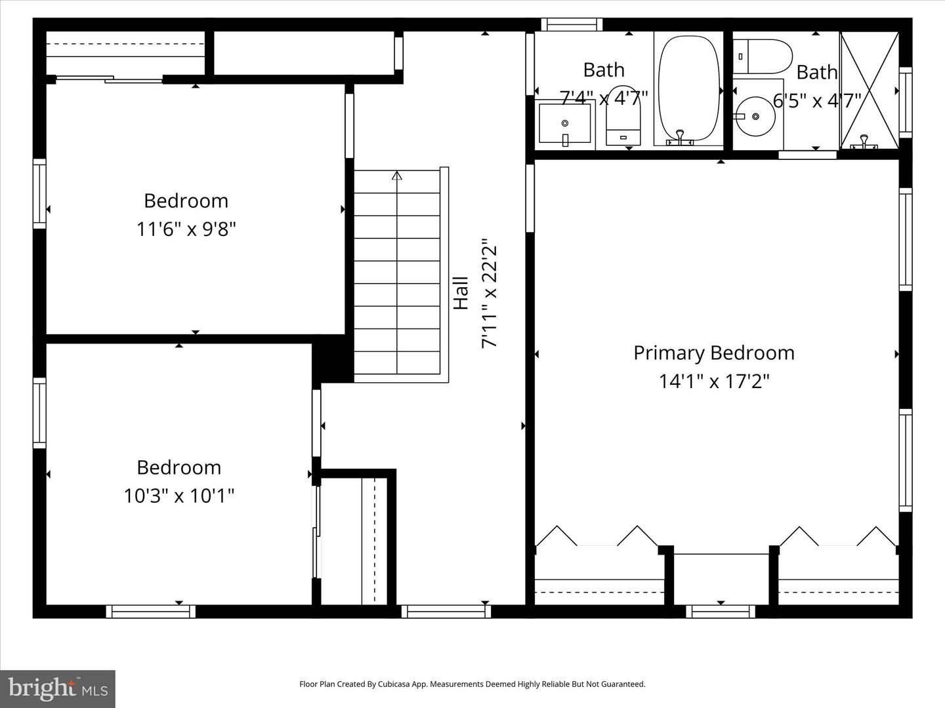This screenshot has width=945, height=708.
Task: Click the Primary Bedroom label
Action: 713,353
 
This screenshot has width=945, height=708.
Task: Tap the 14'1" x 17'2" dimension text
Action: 713,381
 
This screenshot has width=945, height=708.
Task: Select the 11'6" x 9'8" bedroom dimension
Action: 186,229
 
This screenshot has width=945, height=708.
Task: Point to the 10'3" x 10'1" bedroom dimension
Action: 178,496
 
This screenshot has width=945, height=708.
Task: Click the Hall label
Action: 461,292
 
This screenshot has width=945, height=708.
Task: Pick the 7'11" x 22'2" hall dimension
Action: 490,292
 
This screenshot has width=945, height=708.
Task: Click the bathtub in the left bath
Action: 688,89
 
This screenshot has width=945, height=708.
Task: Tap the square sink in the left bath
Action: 564,123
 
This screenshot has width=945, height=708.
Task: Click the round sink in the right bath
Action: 755,117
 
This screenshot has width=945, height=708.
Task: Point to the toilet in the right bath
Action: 763,56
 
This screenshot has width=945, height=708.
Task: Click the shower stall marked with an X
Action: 870,90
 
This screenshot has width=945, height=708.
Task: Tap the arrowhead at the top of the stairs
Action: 396,175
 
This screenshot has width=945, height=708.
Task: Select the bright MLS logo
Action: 58,688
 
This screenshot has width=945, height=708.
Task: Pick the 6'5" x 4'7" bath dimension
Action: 816,100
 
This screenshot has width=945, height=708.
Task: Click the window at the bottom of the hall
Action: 446,611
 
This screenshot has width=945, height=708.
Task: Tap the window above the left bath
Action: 572,24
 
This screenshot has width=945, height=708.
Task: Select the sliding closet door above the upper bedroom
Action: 110,79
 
